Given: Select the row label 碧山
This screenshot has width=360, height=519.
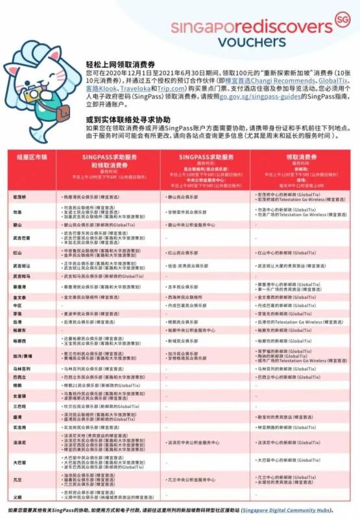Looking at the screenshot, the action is pos(18,223).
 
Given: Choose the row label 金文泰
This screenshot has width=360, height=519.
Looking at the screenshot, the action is pos(19,296).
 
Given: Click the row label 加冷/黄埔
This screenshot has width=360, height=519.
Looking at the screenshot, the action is pos(23,356).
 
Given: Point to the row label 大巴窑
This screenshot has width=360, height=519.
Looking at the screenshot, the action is pos(19,463).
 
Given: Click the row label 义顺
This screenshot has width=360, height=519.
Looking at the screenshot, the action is pos(18,497).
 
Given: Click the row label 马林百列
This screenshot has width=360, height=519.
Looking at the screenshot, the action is pos(21,368).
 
